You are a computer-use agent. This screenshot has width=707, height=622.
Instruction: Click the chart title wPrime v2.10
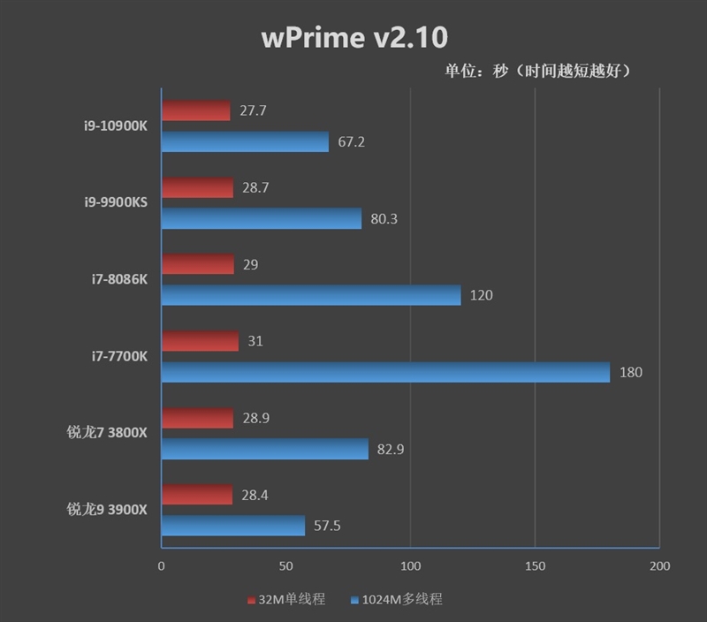pyautogui.click(x=354, y=37)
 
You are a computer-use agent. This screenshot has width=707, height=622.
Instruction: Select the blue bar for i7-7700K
pyautogui.click(x=385, y=372)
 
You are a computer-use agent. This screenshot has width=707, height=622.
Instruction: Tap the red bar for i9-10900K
pyautogui.click(x=195, y=110)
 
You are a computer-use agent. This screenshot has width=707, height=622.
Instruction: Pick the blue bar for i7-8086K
pyautogui.click(x=311, y=295)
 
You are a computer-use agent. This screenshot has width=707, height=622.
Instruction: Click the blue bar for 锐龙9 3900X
pyautogui.click(x=233, y=527)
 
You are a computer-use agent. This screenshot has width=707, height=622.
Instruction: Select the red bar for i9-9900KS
pyautogui.click(x=197, y=187)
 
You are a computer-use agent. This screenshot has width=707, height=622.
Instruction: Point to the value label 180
pyautogui.click(x=631, y=373)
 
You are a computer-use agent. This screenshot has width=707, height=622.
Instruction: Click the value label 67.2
pyautogui.click(x=351, y=142)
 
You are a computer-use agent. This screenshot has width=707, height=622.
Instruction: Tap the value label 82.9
pyautogui.click(x=390, y=450)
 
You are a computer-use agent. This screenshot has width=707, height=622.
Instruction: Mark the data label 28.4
pyautogui.click(x=255, y=495)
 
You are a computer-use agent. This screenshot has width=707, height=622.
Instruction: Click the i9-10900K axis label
pyautogui.click(x=111, y=125)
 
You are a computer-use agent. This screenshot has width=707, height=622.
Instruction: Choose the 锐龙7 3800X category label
pyautogui.click(x=107, y=433)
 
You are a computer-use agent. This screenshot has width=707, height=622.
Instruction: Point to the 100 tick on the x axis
pyautogui.click(x=410, y=565)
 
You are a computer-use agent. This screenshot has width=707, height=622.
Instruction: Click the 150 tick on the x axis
pyautogui.click(x=535, y=565)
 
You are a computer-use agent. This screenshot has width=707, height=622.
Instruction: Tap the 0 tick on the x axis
pyautogui.click(x=161, y=565)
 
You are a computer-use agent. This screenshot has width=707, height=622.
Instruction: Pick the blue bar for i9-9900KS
pyautogui.click(x=262, y=218)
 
